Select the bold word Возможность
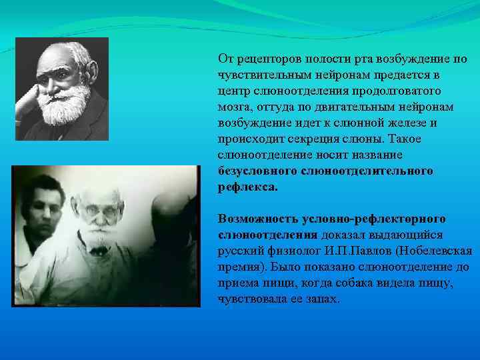[x=258, y=219]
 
